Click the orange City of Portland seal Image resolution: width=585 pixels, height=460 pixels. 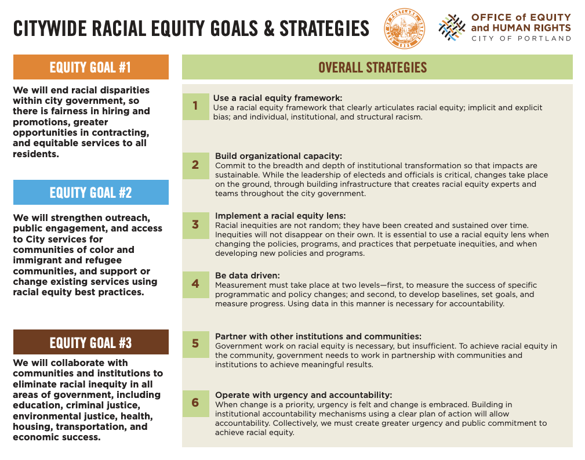[405, 29]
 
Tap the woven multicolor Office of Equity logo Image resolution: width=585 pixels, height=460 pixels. [452, 27]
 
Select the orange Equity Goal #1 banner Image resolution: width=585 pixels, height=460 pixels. [90, 67]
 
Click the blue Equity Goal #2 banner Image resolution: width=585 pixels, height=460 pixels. [90, 192]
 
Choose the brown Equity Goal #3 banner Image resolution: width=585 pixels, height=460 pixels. [90, 342]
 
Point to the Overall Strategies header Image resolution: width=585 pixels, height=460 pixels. [377, 67]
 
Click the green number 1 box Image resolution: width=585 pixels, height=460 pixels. [195, 106]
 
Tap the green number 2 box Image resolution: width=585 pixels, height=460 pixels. [195, 165]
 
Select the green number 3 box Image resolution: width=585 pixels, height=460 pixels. [195, 225]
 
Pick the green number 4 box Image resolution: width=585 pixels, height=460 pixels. [195, 284]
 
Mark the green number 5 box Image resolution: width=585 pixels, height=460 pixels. [195, 344]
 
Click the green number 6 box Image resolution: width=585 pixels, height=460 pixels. [195, 403]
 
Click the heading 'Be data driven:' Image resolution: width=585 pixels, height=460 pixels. [248, 276]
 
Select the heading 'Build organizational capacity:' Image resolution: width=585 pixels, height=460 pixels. [278, 156]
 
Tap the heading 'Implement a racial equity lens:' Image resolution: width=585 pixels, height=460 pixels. [280, 216]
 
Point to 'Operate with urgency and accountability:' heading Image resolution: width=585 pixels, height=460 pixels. [303, 395]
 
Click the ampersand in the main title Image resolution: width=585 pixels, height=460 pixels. [268, 29]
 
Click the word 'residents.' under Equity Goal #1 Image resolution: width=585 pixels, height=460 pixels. [36, 154]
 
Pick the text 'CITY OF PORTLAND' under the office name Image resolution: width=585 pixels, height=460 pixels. [521, 38]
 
